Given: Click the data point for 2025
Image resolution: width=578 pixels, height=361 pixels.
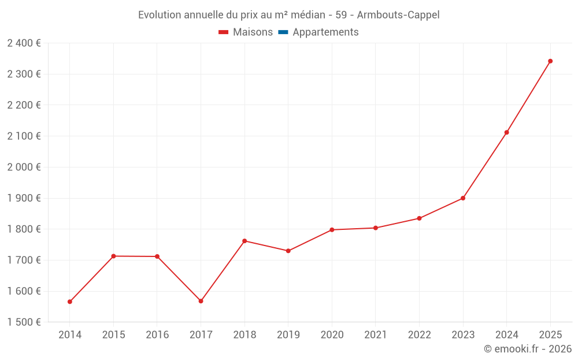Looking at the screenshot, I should point(550,61).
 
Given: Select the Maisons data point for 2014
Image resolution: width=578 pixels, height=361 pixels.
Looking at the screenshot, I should point(70,302).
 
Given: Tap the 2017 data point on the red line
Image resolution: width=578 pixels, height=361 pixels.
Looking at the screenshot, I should point(201,301).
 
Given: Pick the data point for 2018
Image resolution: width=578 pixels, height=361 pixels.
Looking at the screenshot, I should point(244,241).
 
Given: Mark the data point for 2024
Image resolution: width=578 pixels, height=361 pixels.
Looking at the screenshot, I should point(507,132).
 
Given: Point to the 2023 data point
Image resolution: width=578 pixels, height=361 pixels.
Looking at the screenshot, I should point(463,198).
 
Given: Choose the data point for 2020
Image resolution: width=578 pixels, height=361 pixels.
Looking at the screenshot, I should point(332,230).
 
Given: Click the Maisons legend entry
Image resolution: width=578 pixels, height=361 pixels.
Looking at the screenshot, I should point(253,32).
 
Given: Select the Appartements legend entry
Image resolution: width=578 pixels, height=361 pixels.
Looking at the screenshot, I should point(325,32).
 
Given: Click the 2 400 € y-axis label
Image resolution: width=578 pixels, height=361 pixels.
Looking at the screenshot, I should point(24,43).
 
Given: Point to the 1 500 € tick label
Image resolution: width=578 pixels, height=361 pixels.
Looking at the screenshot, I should point(24,322).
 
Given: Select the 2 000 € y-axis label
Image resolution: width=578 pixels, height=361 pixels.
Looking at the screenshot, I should point(24,167).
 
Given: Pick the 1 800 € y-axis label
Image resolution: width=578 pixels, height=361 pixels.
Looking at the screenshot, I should point(24,229).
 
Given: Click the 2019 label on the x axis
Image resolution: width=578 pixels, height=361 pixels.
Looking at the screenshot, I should point(288,335).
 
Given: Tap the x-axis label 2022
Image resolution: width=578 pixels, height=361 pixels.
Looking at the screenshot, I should point(419,335).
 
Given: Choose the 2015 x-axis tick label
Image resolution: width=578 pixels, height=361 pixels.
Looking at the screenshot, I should point(113,335).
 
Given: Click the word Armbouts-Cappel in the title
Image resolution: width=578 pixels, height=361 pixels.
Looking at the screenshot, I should point(402,15).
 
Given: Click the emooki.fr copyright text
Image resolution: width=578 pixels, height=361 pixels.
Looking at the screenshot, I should point(528,349).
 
